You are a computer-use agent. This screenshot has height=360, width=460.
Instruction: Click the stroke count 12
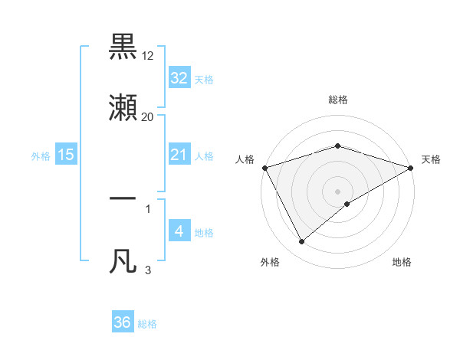coord(147,56)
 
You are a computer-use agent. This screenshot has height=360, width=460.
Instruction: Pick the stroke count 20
coord(147,117)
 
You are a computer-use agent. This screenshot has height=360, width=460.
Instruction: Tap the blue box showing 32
coord(179,77)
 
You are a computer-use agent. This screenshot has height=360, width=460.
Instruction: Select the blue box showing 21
coord(179,155)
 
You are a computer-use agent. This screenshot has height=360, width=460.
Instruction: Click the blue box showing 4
coord(179,231)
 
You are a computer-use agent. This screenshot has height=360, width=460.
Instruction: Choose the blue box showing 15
coord(66,155)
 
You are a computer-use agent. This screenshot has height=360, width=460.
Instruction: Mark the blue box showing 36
coord(123,322)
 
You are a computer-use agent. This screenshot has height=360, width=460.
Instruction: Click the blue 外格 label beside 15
coord(41,155)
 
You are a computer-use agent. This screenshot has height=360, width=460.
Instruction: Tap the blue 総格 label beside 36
coord(147,324)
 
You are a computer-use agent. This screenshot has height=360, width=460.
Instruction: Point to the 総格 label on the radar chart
coord(337,100)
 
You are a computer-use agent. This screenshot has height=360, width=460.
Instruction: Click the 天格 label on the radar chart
coord(431,159)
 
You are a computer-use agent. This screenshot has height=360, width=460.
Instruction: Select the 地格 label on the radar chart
coord(402,262)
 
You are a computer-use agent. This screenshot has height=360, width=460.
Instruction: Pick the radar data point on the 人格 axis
coord(264,168)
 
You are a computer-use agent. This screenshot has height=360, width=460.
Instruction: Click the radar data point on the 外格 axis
coord(301,242)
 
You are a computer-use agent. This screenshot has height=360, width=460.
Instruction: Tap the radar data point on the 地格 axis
coord(347,204)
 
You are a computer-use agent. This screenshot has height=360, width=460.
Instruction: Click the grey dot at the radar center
coord(337,191)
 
